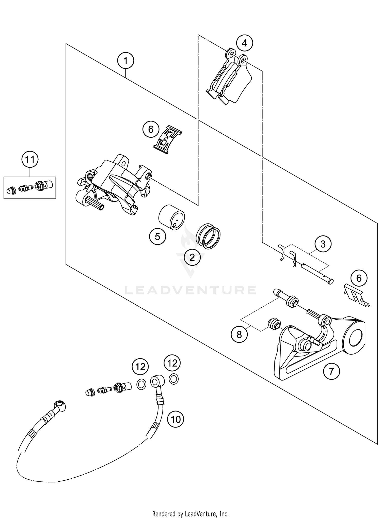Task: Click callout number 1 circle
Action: pyautogui.click(x=125, y=61)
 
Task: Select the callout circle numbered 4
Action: pyautogui.click(x=244, y=43)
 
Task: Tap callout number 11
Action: pyautogui.click(x=30, y=160)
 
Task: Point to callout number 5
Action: pyautogui.click(x=157, y=237)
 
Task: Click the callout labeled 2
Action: pyautogui.click(x=192, y=258)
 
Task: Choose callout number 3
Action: pyautogui.click(x=323, y=244)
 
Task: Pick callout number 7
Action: pyautogui.click(x=331, y=371)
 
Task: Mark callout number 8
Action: pyautogui.click(x=239, y=335)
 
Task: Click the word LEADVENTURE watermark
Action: pyautogui.click(x=190, y=290)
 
